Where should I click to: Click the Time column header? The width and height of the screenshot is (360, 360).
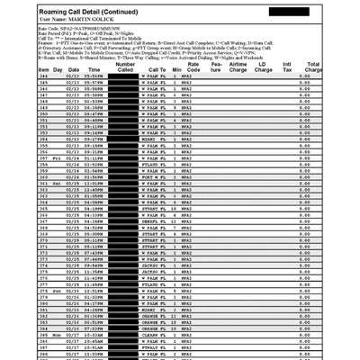point(93,70)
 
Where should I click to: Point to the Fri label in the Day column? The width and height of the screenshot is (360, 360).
point(57,158)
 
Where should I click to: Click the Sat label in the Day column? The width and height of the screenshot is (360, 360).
point(57,184)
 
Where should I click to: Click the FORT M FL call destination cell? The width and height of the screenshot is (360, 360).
point(155,178)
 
